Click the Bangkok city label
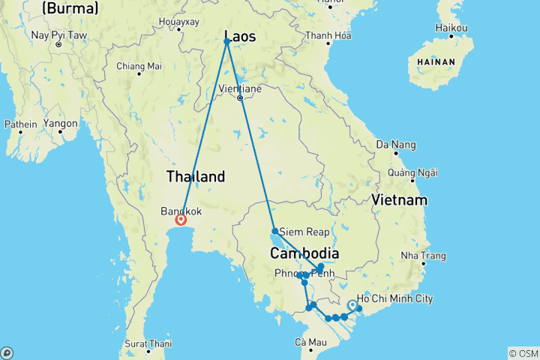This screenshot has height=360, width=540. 181,211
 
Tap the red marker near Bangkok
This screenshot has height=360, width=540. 181,220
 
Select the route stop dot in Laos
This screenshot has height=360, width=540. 226,41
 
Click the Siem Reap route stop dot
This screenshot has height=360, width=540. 275,231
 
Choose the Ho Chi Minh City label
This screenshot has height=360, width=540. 395,298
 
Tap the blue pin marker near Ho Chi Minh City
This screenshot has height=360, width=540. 352,306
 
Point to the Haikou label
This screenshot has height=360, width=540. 452,28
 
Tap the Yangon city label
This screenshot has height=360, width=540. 61,123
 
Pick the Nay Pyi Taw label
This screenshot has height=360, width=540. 58,34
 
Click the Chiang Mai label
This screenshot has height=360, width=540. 139,66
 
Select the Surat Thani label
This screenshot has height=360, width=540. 149,343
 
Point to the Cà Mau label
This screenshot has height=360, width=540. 310,342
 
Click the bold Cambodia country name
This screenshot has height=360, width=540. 304,253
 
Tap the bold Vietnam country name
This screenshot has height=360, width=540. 399,200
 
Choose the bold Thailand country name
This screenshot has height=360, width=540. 195,177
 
